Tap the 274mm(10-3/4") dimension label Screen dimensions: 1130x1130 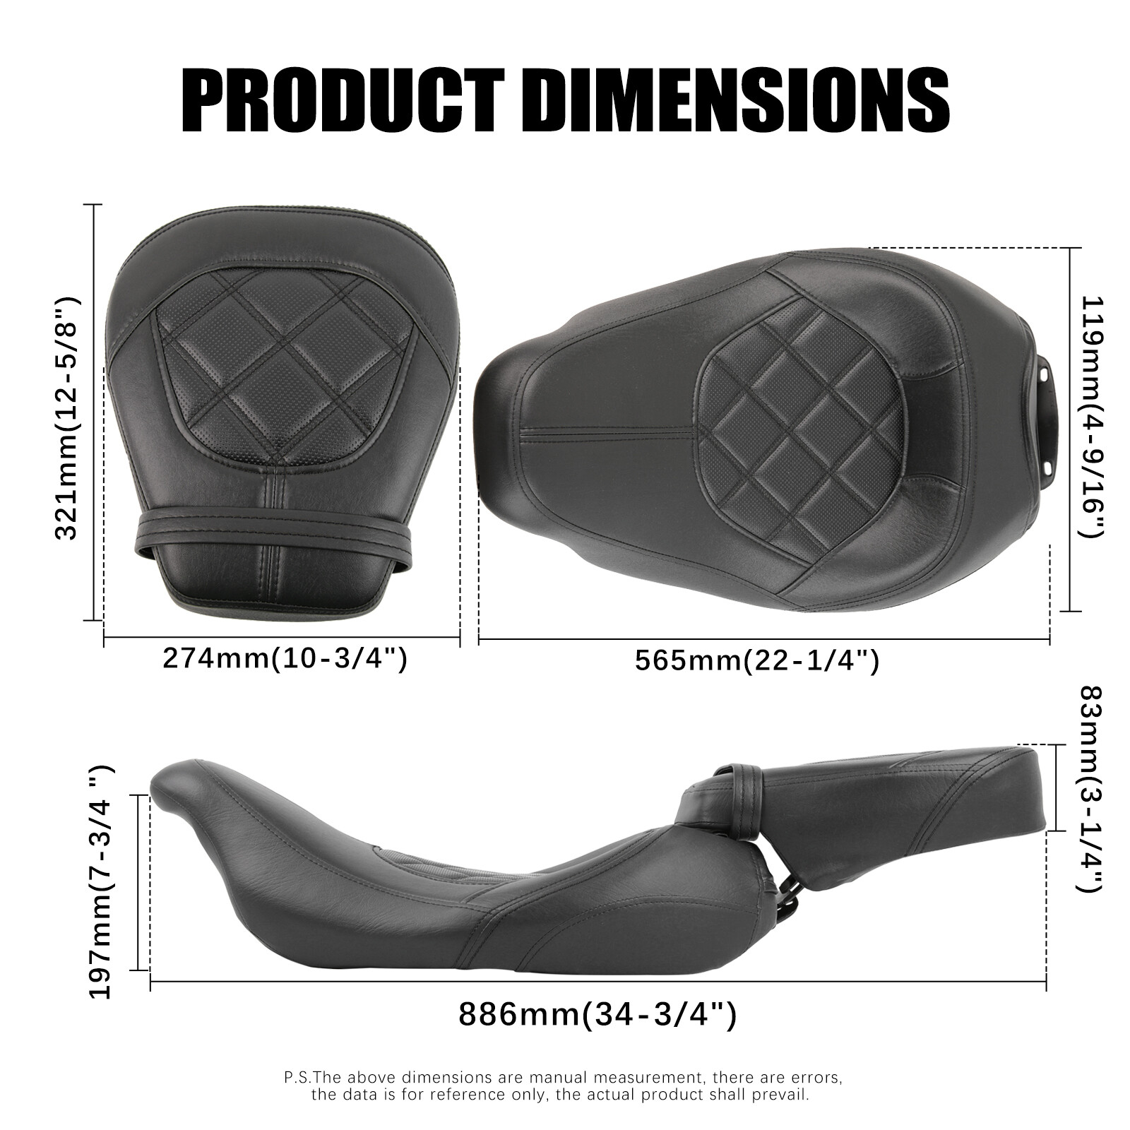tap(285, 658)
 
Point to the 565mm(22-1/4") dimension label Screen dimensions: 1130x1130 tap(756, 661)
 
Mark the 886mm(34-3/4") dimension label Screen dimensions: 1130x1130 tap(597, 1016)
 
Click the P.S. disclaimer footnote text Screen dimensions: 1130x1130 tap(563, 1087)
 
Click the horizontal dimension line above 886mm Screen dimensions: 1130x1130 tap(597, 982)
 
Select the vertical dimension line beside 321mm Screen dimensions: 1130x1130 tap(94, 413)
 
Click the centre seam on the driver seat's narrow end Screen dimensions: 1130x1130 tap(607, 432)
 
